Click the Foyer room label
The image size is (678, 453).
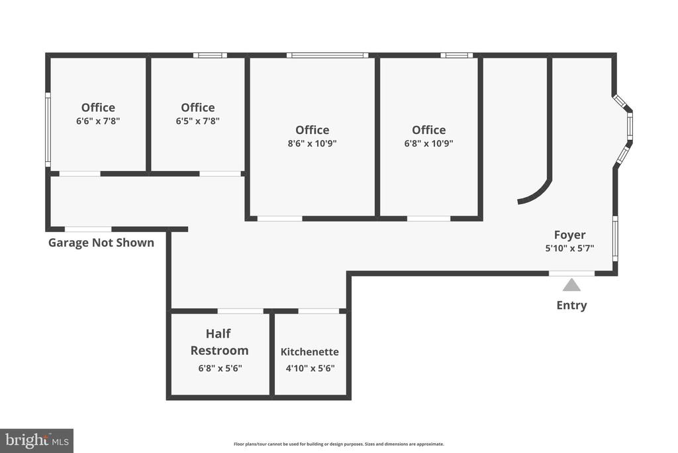569,235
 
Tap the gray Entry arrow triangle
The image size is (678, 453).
571,285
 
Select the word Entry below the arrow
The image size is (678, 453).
571,305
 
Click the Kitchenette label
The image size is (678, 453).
310,352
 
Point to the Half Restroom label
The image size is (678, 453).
219,342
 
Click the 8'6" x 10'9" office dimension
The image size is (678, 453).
313,143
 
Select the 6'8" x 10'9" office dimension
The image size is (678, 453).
428,143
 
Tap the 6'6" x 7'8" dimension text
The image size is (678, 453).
98,121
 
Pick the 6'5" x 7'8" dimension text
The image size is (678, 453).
197,121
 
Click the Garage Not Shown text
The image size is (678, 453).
101,243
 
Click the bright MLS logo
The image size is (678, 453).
37,441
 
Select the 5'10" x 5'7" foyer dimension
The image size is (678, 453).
569,248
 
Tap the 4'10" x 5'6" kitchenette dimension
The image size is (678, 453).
310,369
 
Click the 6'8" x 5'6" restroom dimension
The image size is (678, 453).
220,369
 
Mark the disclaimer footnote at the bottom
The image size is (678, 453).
338,444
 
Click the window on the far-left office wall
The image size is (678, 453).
48,129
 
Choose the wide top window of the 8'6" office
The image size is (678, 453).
327,55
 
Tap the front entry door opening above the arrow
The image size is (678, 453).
571,273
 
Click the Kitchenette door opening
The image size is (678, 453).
318,311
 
